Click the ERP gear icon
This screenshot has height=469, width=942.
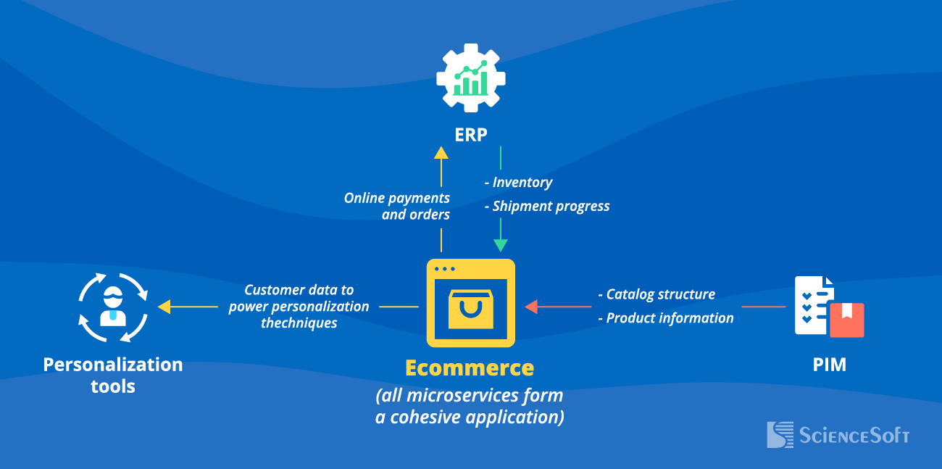[x=471, y=78]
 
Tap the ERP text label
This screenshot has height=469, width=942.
[x=471, y=135]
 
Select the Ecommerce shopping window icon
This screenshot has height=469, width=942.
[x=471, y=303]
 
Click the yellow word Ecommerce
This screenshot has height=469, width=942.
[x=470, y=368]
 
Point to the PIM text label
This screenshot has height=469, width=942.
[x=830, y=364]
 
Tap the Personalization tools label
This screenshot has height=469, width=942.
[x=113, y=375]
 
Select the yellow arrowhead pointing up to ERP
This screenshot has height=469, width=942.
[x=441, y=152]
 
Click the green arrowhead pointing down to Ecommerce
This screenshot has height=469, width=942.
[x=501, y=245]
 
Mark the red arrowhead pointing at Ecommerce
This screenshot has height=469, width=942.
[x=531, y=307]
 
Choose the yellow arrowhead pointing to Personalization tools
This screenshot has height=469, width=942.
[x=164, y=307]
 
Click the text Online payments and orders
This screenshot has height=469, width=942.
[x=397, y=206]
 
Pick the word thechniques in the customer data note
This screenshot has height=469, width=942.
[x=299, y=323]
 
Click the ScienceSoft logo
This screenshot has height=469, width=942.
[x=838, y=435]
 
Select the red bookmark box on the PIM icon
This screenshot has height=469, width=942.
[x=846, y=320]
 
